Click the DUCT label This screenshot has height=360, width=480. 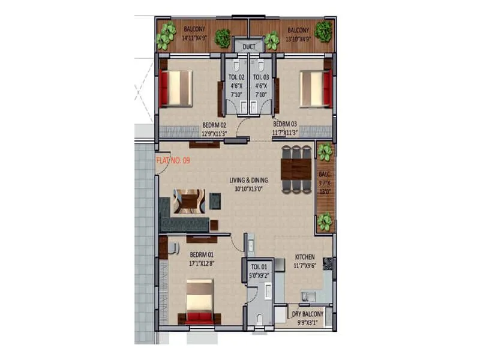(248, 46)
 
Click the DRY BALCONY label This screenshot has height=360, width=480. (308, 314)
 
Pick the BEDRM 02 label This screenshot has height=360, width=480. (214, 125)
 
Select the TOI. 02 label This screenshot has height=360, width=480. (236, 77)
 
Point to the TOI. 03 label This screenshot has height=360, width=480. (260, 77)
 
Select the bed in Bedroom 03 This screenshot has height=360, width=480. (315, 88)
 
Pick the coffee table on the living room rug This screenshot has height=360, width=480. (189, 200)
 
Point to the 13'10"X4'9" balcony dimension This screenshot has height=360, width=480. (298, 39)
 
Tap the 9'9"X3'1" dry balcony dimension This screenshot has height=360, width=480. (308, 322)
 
